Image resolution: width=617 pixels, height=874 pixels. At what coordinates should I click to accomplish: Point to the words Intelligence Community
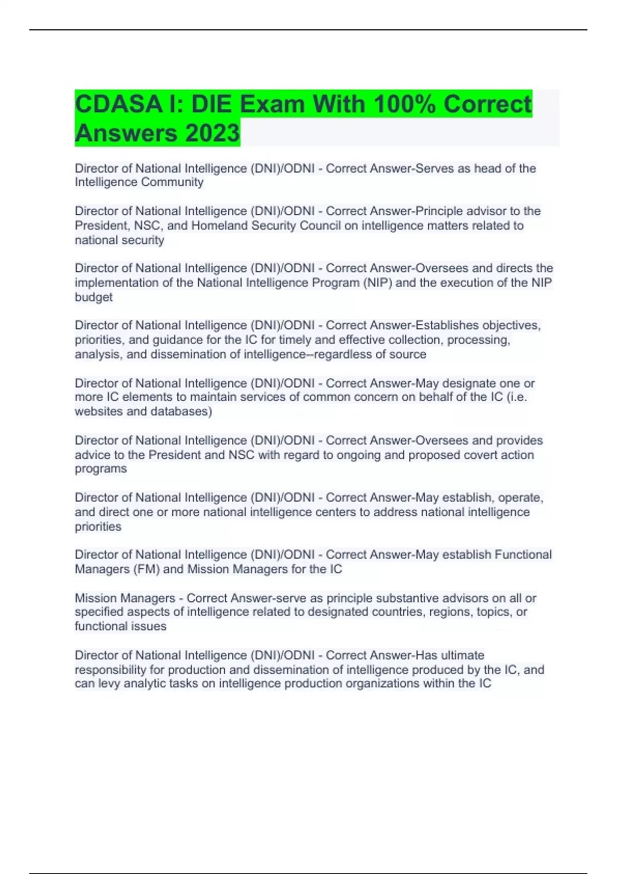139,182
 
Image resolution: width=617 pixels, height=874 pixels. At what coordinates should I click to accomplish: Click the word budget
94,297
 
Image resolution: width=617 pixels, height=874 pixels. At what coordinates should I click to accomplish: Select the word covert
481,455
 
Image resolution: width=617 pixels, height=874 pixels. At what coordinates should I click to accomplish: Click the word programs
101,469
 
